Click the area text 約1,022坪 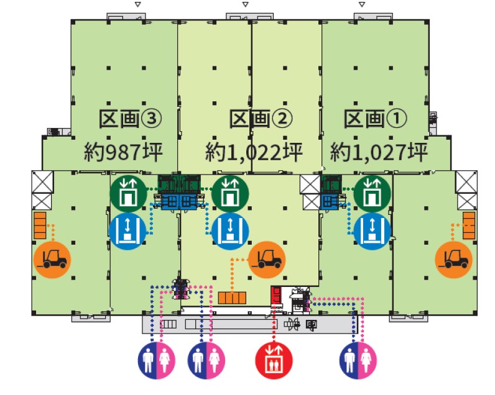254,150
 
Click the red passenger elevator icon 274,360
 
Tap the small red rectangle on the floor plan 275,296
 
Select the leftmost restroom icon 155,360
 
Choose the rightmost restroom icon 358,360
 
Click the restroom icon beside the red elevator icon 206,360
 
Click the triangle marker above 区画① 362,4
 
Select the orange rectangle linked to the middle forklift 232,297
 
